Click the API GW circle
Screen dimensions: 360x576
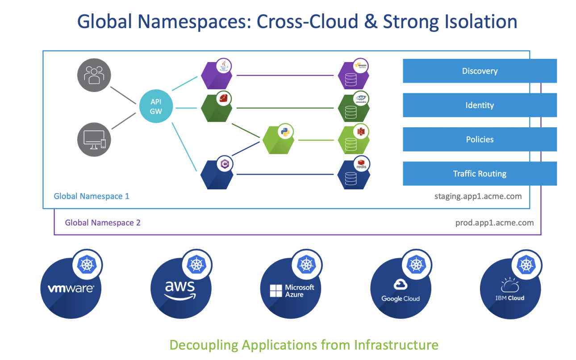click(x=156, y=107)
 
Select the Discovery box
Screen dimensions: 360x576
click(x=480, y=71)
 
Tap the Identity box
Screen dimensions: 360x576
click(x=480, y=105)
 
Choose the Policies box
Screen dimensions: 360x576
click(x=480, y=139)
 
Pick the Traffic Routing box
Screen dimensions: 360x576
click(x=480, y=174)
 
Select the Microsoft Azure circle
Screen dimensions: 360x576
click(x=291, y=289)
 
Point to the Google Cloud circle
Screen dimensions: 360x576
click(x=401, y=289)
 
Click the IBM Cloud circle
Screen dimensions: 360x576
click(x=510, y=289)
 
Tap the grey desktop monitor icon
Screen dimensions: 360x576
click(x=94, y=139)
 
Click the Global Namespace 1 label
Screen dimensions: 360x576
click(x=92, y=196)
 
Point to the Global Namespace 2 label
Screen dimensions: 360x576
click(x=103, y=222)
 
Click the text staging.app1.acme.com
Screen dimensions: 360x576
click(x=478, y=196)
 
